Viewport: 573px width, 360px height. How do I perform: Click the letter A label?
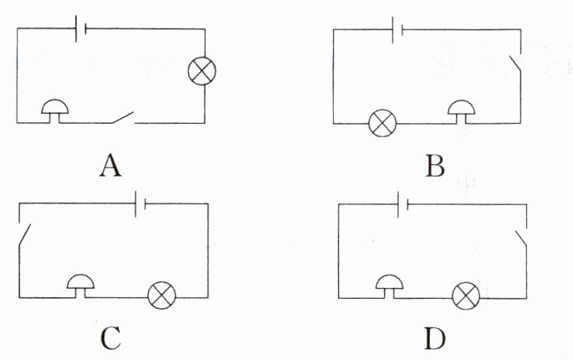coord(110,167)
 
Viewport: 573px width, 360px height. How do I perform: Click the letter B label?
coord(434,167)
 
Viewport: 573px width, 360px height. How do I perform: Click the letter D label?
coord(434,338)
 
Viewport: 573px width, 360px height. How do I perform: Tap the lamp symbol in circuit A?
coord(201,70)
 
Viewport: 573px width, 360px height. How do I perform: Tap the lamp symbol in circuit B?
coord(382,125)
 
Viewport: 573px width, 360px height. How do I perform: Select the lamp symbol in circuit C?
coord(161,296)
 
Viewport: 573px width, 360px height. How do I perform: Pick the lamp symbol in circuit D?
coord(465,296)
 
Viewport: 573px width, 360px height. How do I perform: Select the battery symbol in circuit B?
coord(399,30)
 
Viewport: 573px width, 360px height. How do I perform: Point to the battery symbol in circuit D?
coord(402,202)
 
